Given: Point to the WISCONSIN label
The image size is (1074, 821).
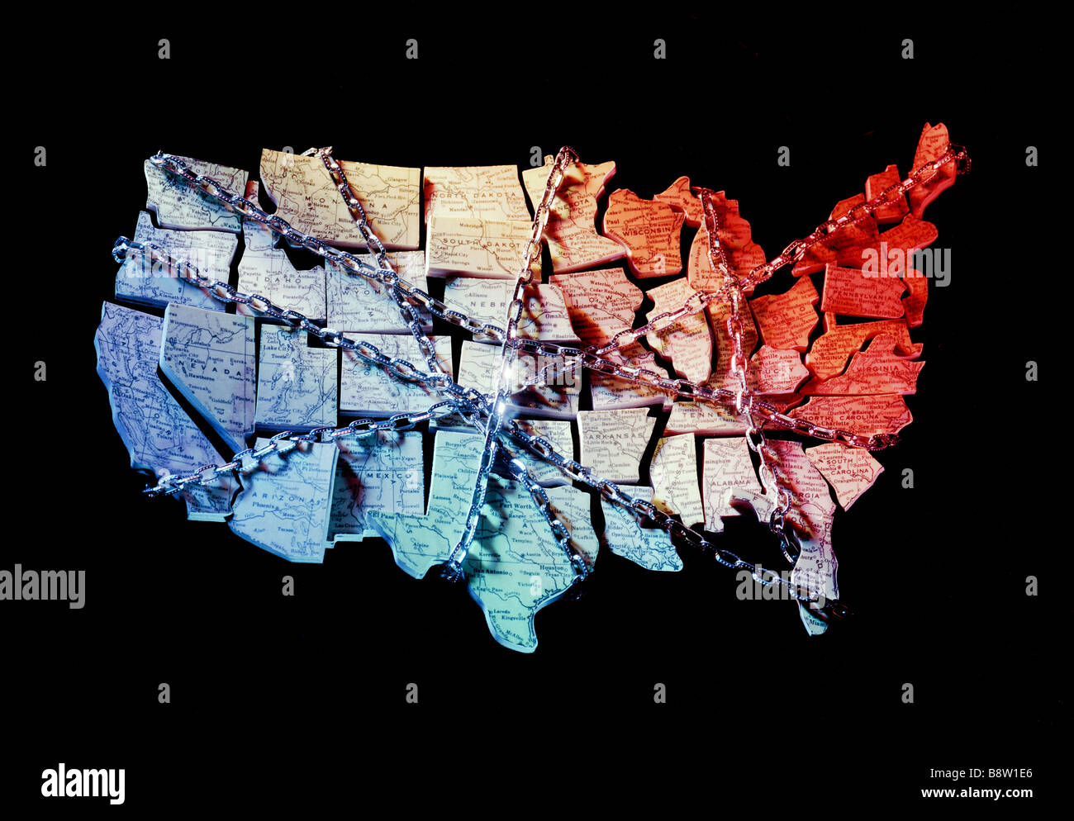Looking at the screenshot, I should click(649, 232).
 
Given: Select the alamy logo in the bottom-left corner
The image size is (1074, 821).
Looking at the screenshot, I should click(83, 783).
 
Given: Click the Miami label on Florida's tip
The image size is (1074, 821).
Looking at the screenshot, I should click(814, 628).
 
